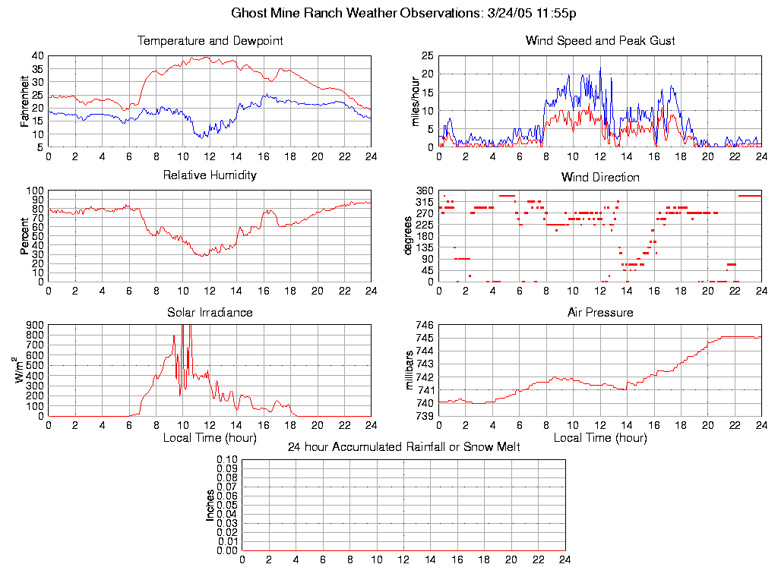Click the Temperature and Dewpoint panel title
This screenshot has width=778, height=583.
point(210,40)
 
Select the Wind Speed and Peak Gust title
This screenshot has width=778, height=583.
point(600,40)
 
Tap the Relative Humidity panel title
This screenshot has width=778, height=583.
point(210,175)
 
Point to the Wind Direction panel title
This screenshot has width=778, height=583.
point(600,177)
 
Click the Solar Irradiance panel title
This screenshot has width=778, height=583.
point(210,312)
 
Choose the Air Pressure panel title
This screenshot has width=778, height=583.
point(600,312)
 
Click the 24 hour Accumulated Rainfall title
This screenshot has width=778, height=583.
point(403,447)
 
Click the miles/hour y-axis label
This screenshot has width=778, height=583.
point(416,101)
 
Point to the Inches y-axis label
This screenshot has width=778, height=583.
point(210,505)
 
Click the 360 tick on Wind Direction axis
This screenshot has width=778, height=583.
point(424,191)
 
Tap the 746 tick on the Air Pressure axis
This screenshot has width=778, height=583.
point(424,326)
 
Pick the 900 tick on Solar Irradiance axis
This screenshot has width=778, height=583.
point(35,326)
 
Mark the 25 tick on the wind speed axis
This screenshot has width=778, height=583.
point(427,55)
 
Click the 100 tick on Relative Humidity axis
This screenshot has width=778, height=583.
point(35,191)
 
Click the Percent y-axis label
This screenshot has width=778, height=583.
point(25,236)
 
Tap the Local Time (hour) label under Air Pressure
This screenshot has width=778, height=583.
point(600,438)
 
